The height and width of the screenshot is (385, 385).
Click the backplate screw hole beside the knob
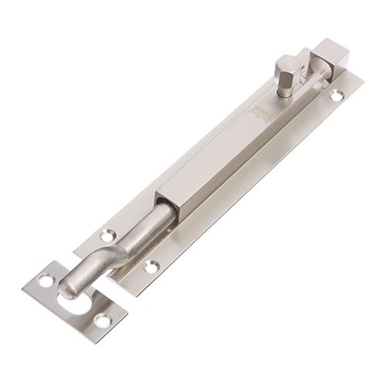point(336,95)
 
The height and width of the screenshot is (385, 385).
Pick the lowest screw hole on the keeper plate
point(101,319)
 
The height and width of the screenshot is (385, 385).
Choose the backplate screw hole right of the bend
point(152,267)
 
